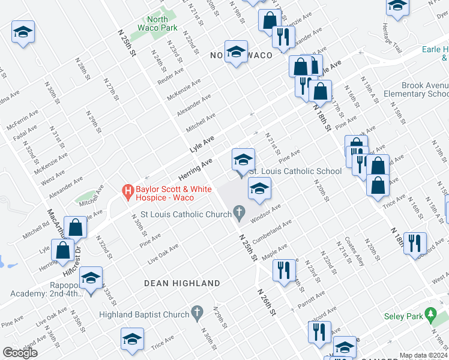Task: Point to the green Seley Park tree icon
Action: (430, 314)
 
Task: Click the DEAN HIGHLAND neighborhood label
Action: (182, 283)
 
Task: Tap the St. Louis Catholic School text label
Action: (295, 171)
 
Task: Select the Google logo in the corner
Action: (20, 352)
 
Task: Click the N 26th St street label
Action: (267, 302)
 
